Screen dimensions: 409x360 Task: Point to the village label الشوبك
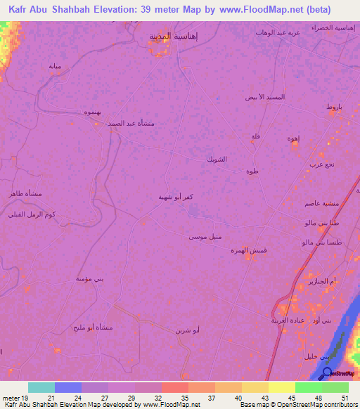[216, 160]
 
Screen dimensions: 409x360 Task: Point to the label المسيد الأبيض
[264, 96]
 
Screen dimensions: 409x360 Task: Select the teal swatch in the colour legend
[41, 387]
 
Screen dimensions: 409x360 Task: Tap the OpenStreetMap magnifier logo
[327, 373]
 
